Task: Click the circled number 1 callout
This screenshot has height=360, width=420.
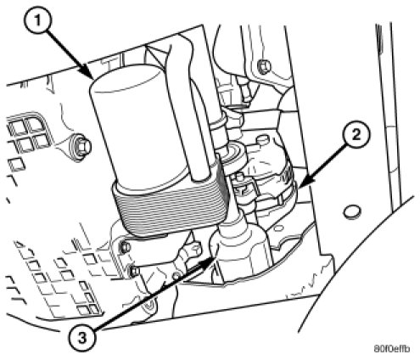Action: click(x=39, y=21)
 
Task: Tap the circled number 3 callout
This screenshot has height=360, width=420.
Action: click(x=82, y=338)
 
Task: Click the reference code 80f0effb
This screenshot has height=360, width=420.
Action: click(x=391, y=348)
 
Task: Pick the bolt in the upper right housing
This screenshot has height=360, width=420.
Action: click(x=264, y=67)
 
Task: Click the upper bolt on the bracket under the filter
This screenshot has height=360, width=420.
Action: click(x=125, y=247)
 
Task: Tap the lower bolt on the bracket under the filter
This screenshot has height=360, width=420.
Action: click(x=134, y=271)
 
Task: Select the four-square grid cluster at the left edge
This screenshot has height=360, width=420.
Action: click(x=28, y=133)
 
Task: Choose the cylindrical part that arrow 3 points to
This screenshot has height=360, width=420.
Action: click(x=240, y=252)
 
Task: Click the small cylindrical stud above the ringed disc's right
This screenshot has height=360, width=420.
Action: click(x=262, y=140)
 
